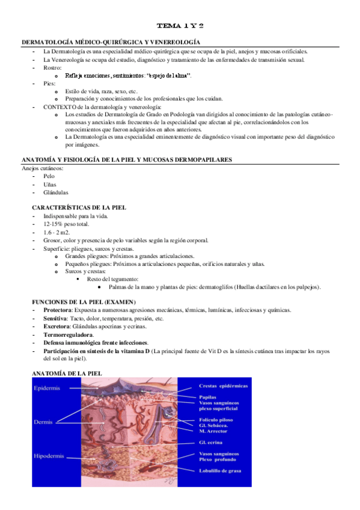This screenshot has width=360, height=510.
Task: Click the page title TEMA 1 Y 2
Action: point(180,26)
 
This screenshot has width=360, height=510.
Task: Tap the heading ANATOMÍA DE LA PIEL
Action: point(67,373)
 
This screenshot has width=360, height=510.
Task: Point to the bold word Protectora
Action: point(58,310)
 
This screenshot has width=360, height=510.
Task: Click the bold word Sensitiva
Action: point(55,318)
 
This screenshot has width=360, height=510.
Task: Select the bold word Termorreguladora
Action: point(68,334)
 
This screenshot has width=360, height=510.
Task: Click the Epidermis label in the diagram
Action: point(47,388)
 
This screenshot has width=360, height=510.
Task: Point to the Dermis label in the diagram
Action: point(44,422)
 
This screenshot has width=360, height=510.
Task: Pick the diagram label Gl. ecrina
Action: point(212,441)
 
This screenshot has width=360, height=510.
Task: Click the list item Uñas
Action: point(50,184)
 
